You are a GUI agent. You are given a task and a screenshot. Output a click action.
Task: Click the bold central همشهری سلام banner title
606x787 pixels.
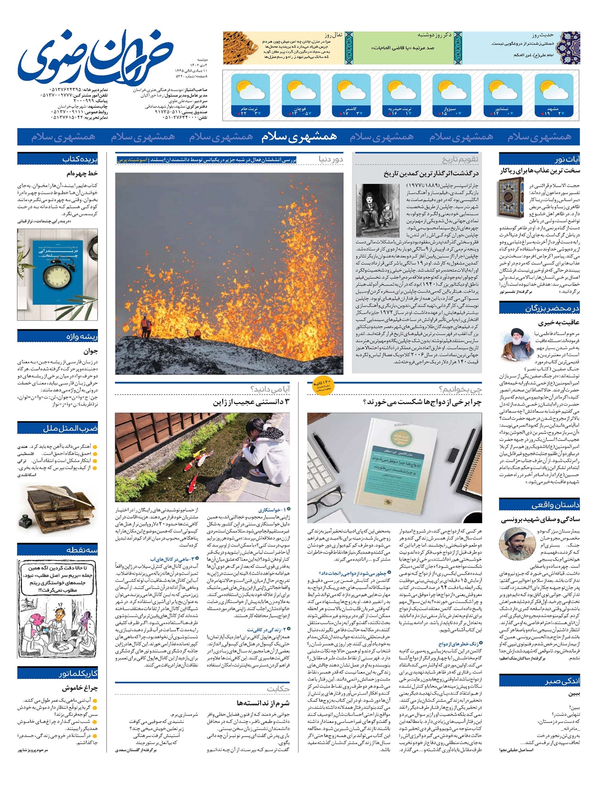pyautogui.click(x=299, y=137)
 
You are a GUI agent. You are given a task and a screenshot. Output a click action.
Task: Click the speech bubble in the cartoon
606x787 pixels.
pyautogui.click(x=58, y=578)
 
